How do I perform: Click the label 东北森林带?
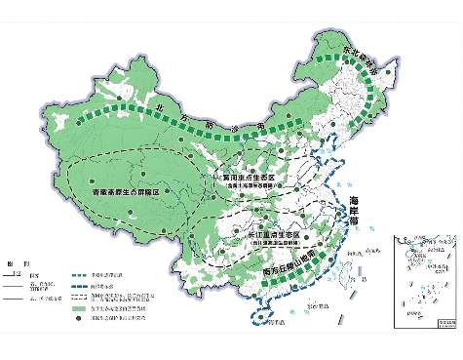pyautogui.click(x=363, y=56)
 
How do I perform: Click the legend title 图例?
pyautogui.click(x=14, y=264)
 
